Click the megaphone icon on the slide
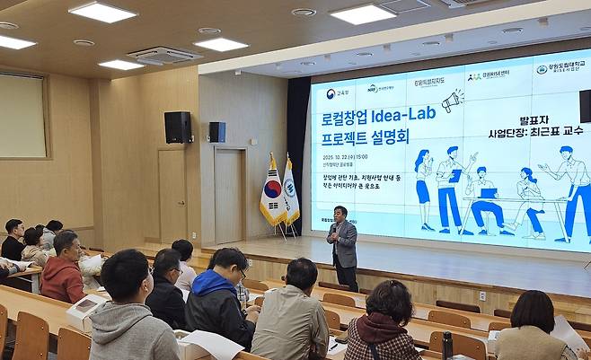[452, 101]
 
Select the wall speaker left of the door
[177, 127]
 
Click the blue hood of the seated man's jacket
[206, 283]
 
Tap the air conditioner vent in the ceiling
[164, 55]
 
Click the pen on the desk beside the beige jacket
[334, 344]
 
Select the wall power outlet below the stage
[482, 295]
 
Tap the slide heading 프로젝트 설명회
[365, 139]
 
